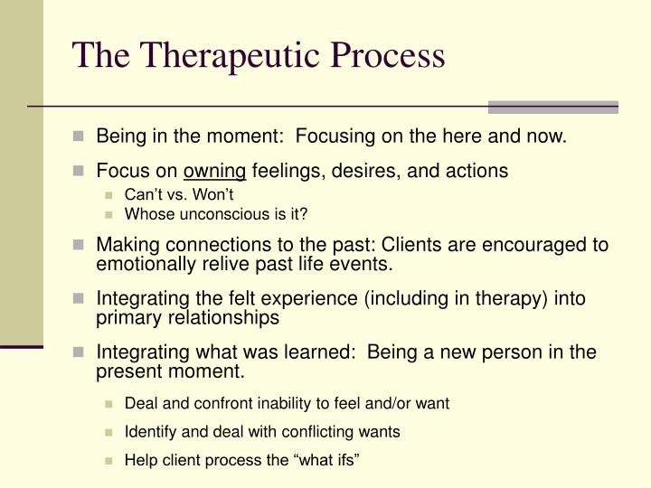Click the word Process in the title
click(x=387, y=55)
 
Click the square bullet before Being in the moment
click(x=80, y=137)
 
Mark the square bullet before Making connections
click(x=80, y=246)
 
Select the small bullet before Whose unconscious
click(x=110, y=215)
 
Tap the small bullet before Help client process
click(x=110, y=461)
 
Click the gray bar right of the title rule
click(x=552, y=107)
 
